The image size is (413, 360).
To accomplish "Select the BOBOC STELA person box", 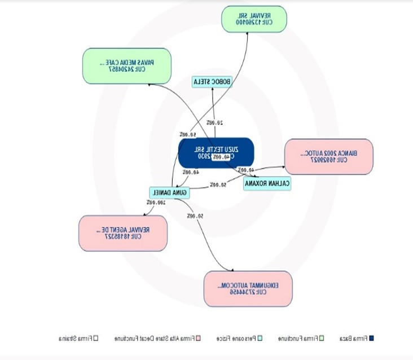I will [x=212, y=82].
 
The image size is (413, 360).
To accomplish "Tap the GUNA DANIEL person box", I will [x=169, y=192].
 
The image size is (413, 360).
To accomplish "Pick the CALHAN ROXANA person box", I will [x=267, y=183].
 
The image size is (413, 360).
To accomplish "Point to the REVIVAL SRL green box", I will [x=254, y=19].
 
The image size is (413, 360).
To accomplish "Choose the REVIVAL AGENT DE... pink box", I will [x=123, y=233].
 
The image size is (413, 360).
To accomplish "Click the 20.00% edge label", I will [x=214, y=122].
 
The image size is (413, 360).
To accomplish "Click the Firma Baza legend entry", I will [x=355, y=339].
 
